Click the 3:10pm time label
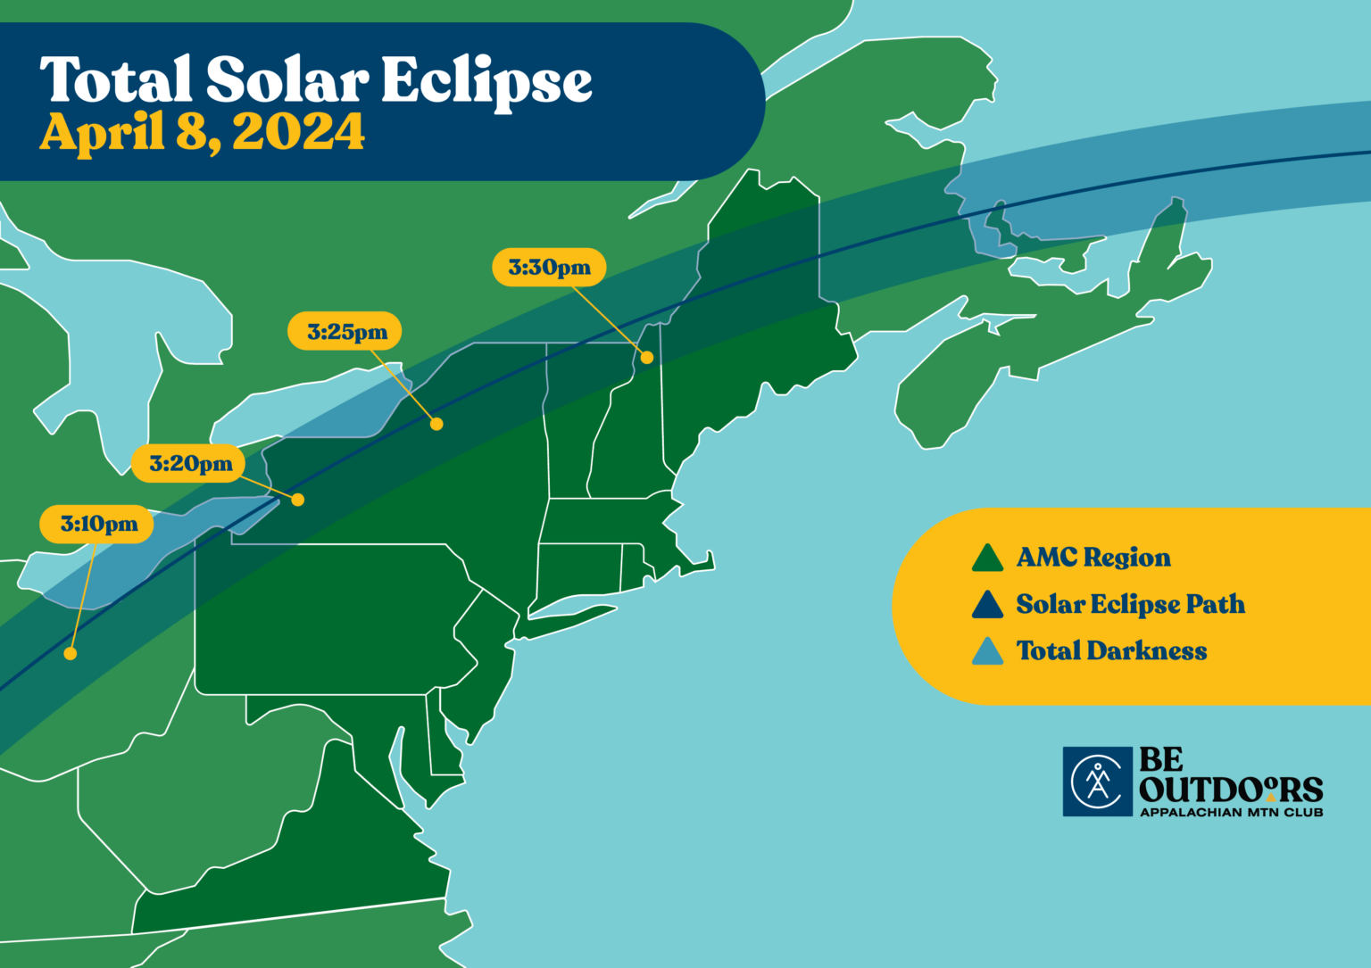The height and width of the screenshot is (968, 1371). click(x=97, y=524)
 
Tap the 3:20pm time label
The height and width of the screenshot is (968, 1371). click(x=189, y=464)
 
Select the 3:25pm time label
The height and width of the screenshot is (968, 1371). click(x=345, y=332)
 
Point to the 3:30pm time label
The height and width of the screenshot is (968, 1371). click(x=549, y=268)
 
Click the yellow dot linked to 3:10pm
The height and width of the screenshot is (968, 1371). click(x=71, y=654)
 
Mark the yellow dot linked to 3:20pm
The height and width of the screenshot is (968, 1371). click(x=298, y=500)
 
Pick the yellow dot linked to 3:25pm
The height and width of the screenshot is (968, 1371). click(x=436, y=424)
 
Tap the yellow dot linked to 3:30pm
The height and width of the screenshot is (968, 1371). click(x=647, y=357)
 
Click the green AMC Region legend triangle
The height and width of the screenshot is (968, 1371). click(x=987, y=558)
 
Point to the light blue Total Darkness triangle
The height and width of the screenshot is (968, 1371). click(x=987, y=652)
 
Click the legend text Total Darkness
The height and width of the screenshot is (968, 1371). click(x=1111, y=651)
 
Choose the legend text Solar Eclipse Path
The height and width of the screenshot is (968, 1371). click(x=1130, y=605)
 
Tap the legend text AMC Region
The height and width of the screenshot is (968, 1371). click(x=1093, y=558)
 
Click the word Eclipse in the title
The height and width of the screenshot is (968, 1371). click(x=486, y=82)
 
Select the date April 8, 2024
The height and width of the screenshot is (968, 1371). click(x=203, y=132)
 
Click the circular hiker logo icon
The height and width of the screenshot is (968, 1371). click(x=1097, y=782)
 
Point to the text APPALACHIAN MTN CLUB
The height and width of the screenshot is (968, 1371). click(x=1231, y=813)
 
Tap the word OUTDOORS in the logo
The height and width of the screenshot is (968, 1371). click(x=1231, y=790)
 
